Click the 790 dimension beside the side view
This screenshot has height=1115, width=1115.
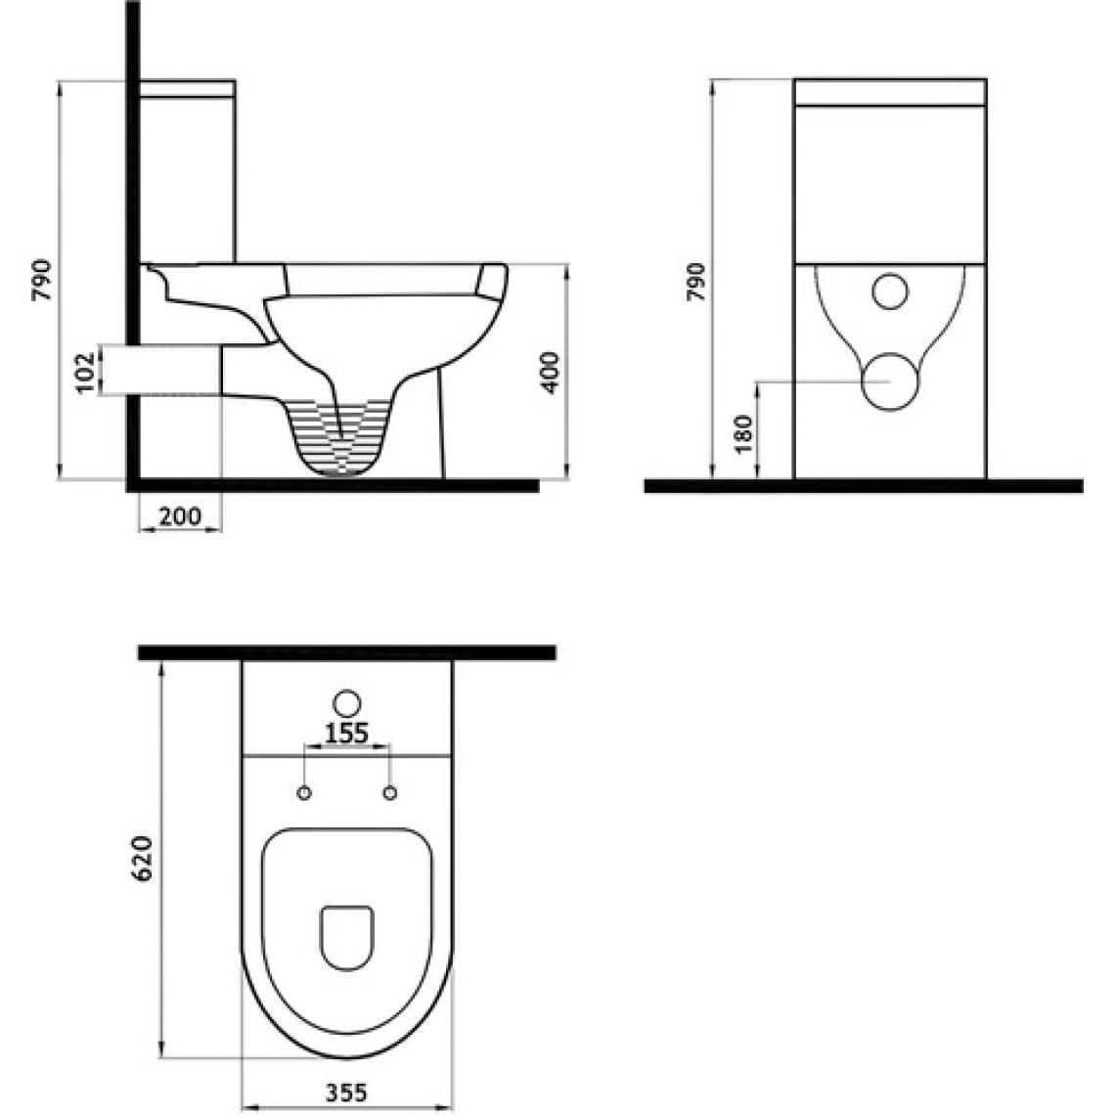point(42,280)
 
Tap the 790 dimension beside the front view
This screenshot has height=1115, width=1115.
point(696,282)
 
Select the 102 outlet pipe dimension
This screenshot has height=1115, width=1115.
point(85,372)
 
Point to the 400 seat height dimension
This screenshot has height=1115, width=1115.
point(551,372)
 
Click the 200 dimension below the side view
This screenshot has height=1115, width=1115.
point(180,515)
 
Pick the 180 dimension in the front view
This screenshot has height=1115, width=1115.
point(742,433)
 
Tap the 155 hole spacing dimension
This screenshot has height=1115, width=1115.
point(346,733)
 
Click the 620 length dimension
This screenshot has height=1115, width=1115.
point(142,859)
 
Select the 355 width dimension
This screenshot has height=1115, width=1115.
point(347,1092)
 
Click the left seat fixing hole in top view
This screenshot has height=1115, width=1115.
point(304,793)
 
